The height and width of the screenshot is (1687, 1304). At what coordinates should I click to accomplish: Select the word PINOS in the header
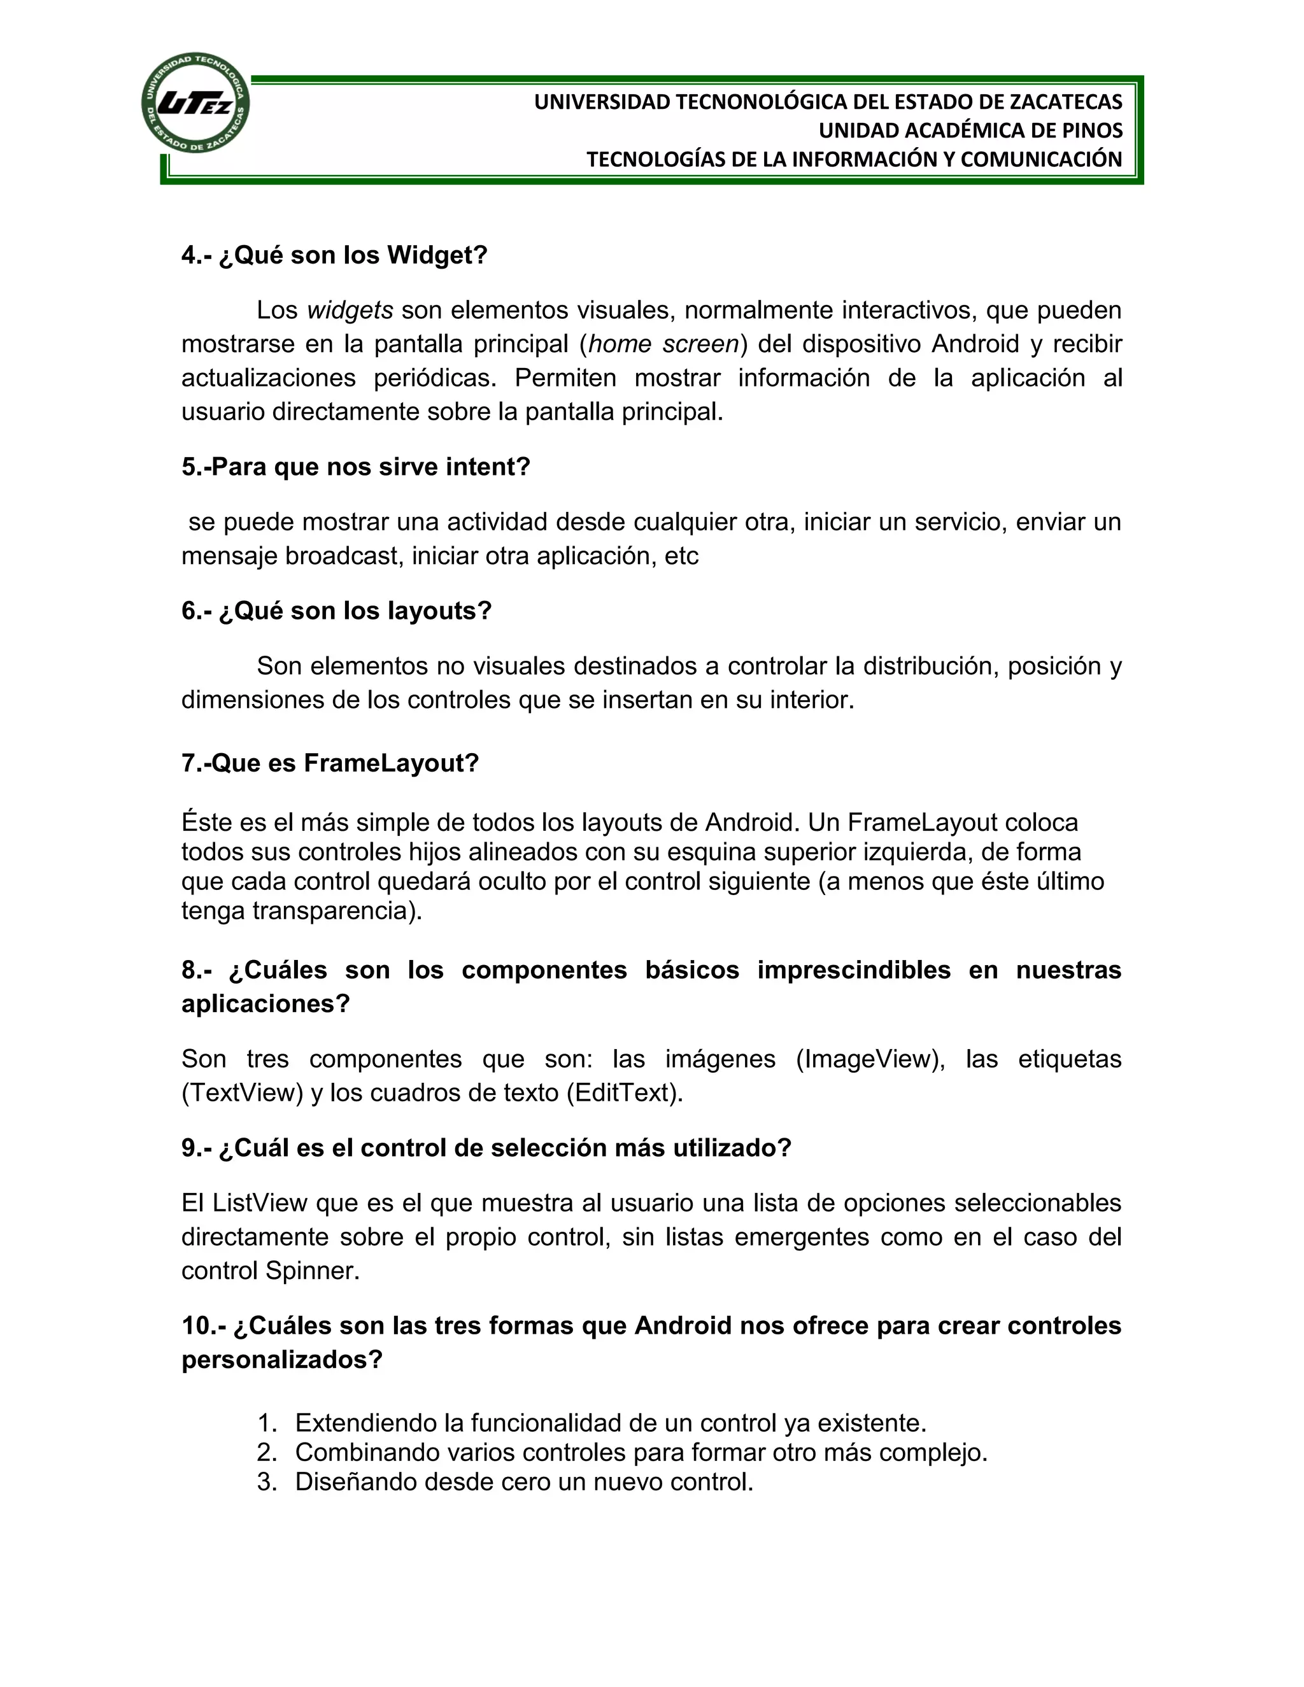pos(1093,131)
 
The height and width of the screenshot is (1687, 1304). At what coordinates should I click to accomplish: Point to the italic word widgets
pos(350,311)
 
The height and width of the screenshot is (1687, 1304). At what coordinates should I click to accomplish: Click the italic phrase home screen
pos(663,344)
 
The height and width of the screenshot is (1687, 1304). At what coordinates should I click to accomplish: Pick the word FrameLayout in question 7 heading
pos(390,763)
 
